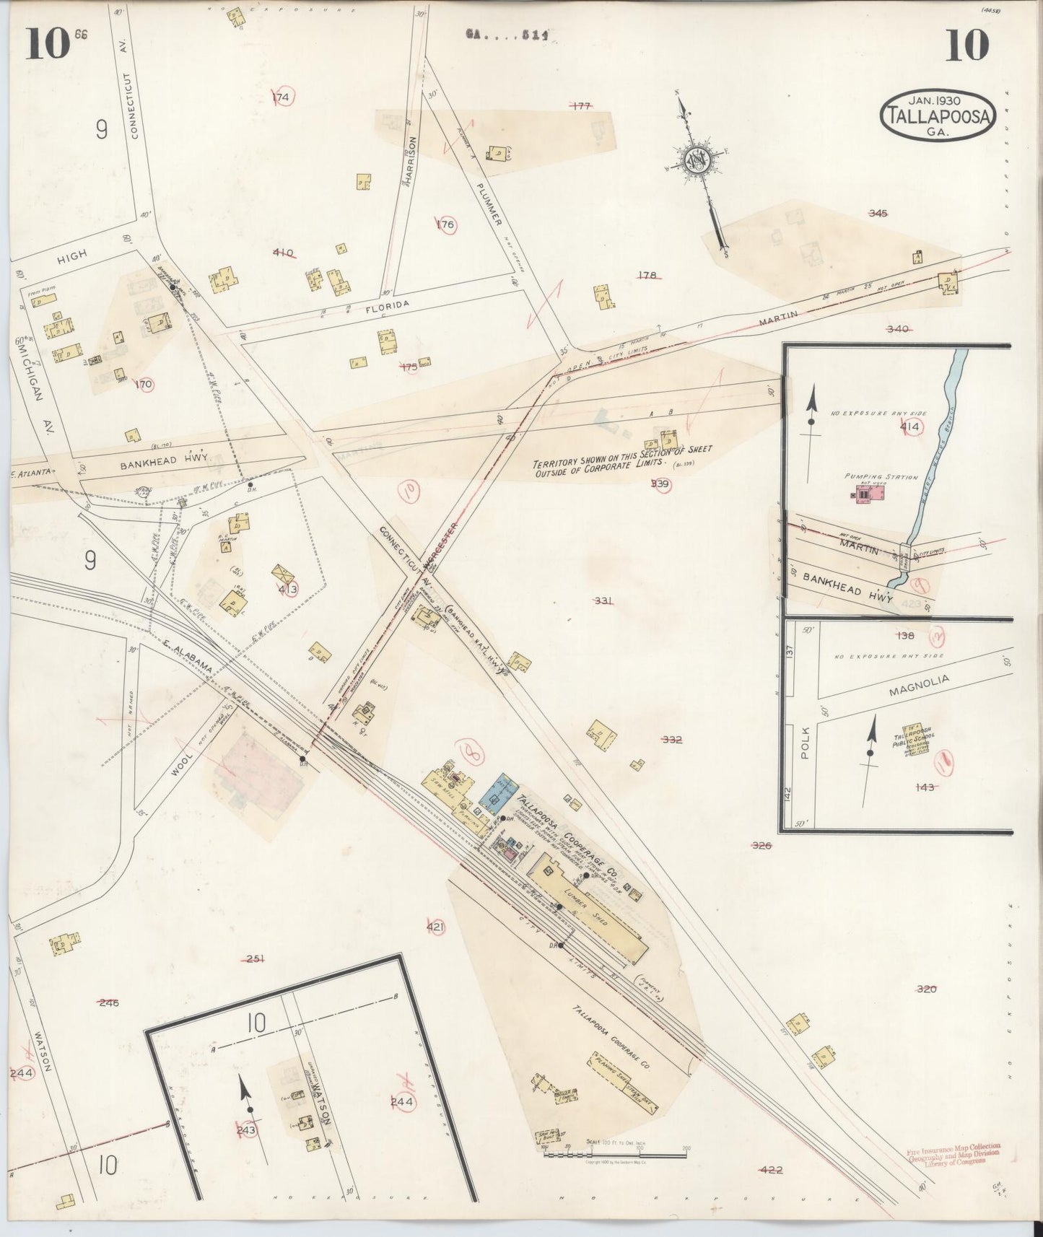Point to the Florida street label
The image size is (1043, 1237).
(387, 305)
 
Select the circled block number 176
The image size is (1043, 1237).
(446, 225)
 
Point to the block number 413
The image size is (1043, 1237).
(287, 589)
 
